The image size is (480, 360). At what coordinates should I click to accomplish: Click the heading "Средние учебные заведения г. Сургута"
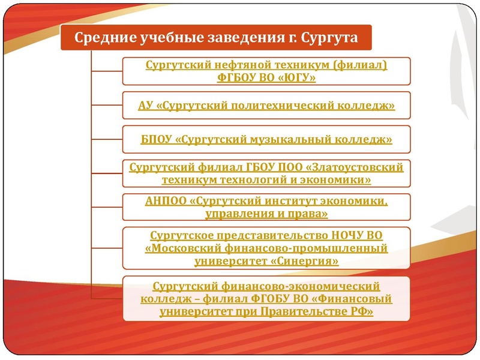click(216, 38)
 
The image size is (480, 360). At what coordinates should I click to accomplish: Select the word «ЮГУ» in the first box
click(297, 77)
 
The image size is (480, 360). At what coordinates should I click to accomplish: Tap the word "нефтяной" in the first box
click(232, 65)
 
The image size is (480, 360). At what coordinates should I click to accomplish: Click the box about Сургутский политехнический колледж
click(266, 106)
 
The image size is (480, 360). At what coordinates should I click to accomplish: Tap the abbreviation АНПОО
click(165, 200)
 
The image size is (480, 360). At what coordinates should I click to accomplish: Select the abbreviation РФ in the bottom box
click(362, 311)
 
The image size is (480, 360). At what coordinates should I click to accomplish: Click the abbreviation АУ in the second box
click(145, 106)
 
